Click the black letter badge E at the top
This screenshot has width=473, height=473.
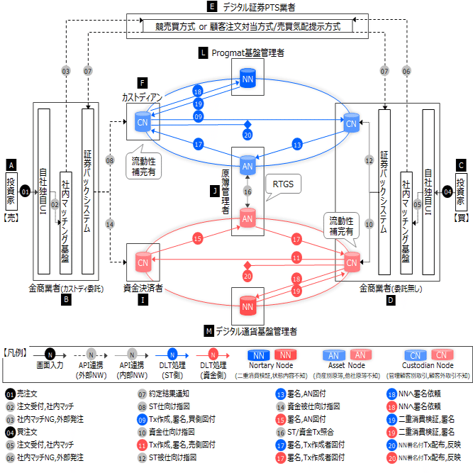click(211, 6)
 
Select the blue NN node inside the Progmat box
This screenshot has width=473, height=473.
click(247, 78)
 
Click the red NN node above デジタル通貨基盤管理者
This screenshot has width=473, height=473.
click(247, 306)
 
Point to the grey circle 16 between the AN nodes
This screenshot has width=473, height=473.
click(247, 191)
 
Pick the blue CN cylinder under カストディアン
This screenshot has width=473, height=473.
click(143, 122)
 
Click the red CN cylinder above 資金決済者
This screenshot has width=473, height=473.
click(143, 262)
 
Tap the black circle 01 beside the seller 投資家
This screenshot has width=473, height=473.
click(26, 191)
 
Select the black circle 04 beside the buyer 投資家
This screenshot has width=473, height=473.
click(447, 191)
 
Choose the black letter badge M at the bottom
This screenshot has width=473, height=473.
click(208, 331)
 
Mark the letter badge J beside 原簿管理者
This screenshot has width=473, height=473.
click(214, 191)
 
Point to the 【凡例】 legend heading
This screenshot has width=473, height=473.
click(15, 352)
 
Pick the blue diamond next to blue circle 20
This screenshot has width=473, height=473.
click(247, 123)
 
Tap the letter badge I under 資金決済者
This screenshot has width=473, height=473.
click(143, 301)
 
